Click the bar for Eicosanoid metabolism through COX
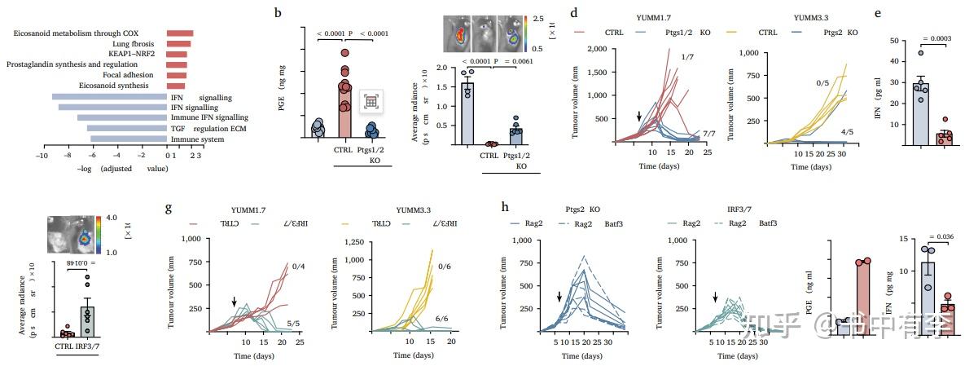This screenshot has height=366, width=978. [x=179, y=33]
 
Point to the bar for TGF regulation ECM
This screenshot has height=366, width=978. [x=127, y=128]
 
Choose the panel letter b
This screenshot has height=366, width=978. [x=278, y=13]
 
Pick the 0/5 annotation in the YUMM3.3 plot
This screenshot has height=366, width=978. [x=823, y=82]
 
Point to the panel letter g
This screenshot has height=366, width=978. [x=169, y=207]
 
